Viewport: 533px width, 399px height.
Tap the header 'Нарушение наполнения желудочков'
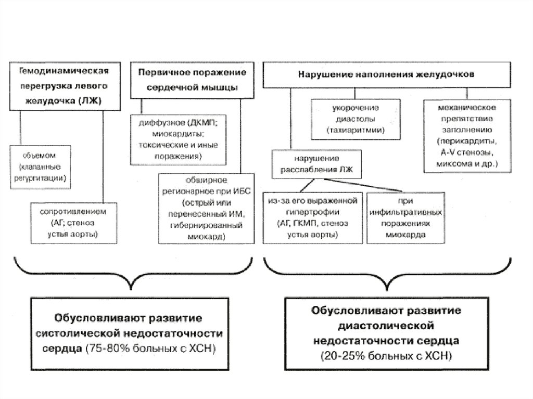pos(386,74)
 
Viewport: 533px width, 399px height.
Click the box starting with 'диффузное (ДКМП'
pos(178,139)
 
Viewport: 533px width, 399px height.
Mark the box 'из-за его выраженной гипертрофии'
pos(312,217)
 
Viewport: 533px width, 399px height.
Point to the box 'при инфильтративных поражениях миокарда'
pos(406,217)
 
